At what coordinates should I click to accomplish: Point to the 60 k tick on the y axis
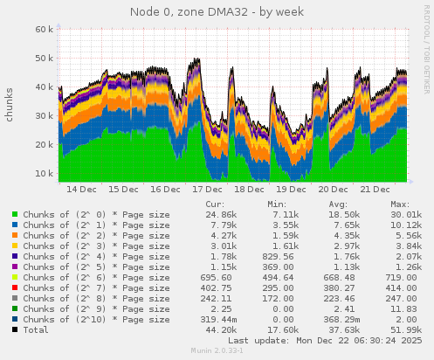tap(43, 29)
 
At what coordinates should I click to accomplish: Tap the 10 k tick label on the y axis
tap(43, 173)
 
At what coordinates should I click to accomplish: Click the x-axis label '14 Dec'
tap(81, 189)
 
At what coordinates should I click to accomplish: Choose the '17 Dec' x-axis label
tap(207, 189)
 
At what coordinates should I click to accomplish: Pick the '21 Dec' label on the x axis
tap(375, 189)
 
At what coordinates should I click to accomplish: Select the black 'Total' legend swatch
tap(16, 329)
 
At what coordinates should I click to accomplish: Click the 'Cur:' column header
tap(214, 203)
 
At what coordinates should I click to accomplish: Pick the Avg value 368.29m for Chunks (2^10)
tap(341, 319)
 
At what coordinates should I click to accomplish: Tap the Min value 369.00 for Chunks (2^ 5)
tap(282, 267)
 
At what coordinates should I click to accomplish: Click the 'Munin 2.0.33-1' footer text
tap(217, 351)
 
